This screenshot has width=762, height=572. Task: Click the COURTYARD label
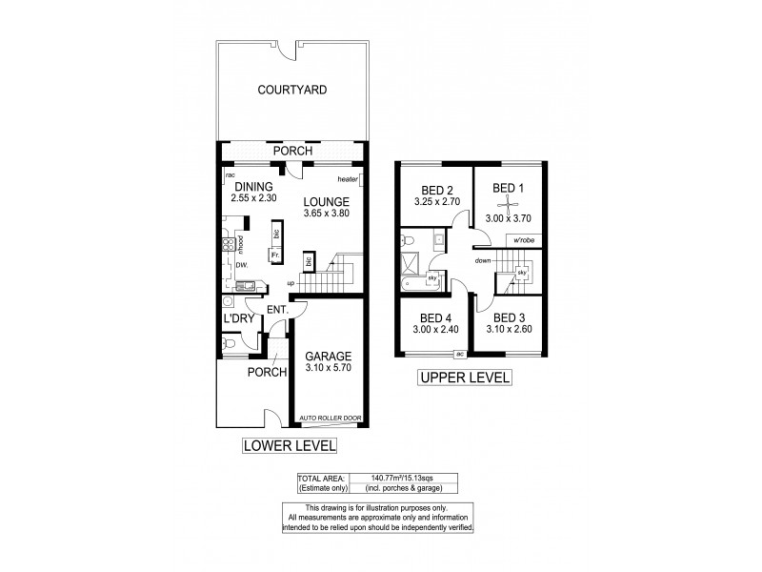tap(292, 91)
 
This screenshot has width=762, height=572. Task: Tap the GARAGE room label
tap(328, 356)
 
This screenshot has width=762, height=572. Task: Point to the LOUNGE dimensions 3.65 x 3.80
tap(327, 214)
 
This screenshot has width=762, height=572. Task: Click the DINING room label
tap(254, 186)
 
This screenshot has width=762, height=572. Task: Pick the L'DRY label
tap(237, 319)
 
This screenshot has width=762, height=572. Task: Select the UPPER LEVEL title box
tap(466, 378)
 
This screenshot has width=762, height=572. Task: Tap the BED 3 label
tap(510, 317)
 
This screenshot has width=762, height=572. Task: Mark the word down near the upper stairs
tap(482, 260)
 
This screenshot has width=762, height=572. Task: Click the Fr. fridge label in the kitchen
tap(273, 255)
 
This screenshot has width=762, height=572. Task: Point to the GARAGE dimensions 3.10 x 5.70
tap(328, 367)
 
